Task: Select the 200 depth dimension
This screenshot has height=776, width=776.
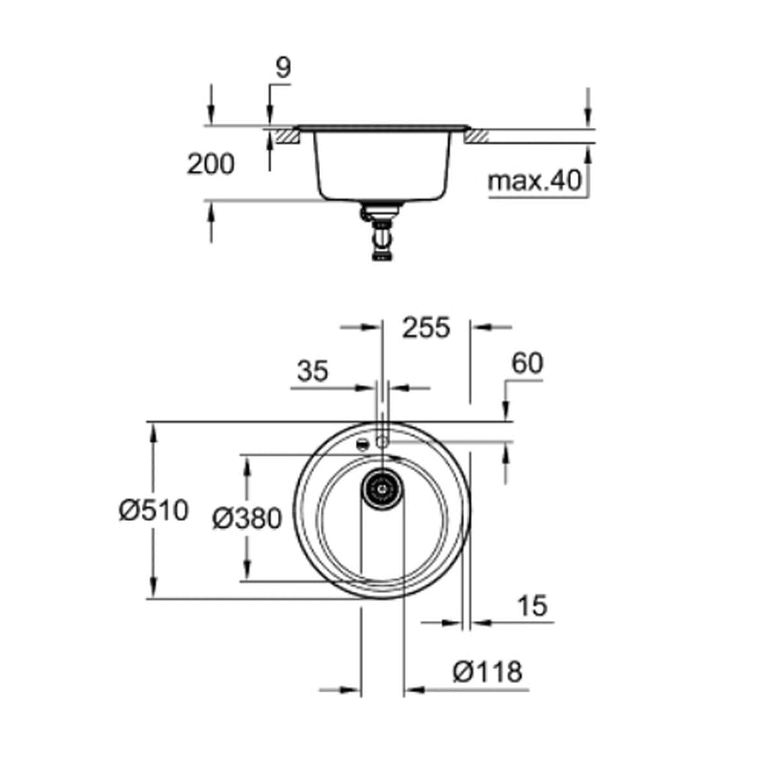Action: (211, 164)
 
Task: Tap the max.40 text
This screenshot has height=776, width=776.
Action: (535, 182)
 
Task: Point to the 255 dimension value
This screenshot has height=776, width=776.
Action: (426, 328)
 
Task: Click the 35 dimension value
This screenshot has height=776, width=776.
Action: (313, 372)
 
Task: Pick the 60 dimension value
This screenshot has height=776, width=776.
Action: (527, 364)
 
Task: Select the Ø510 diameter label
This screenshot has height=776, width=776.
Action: (153, 511)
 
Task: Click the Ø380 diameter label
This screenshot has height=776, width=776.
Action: (248, 518)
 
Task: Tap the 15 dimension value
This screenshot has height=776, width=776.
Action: (532, 606)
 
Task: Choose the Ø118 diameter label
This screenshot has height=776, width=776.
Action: (487, 672)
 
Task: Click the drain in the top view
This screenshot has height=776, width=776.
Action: (382, 487)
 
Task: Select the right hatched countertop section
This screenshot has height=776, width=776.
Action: (476, 136)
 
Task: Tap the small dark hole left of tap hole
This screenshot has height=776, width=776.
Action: (363, 444)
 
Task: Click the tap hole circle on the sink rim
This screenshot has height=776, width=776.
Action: (382, 441)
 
